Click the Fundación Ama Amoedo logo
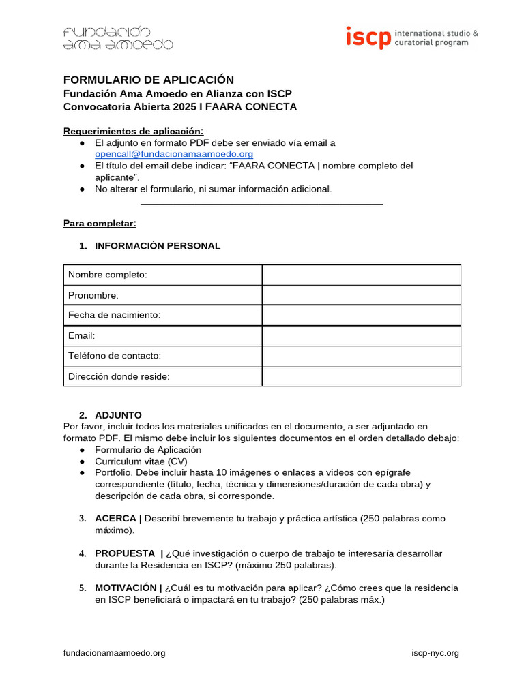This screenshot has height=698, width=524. pos(117,38)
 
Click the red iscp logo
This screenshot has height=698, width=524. pos(368,37)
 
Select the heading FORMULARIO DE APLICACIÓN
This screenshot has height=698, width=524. pos(149,80)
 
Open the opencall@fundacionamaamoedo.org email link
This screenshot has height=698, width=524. pos(174,154)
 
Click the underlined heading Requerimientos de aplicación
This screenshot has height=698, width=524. pos(133,131)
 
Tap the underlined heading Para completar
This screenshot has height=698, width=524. pos(100,223)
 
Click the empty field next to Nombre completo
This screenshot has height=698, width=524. pos(361,275)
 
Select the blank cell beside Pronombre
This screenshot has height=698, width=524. pos(361,295)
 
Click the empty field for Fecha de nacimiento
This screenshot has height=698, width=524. pos(361,315)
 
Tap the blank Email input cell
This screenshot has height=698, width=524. pos(361,335)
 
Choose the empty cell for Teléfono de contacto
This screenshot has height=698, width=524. pos(361,356)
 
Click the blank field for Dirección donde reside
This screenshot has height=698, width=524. pos(361,376)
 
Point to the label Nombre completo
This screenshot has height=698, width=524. pos(108,275)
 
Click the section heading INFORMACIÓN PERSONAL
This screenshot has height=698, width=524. pos(158,246)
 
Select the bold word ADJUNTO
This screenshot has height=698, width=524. pos(118,415)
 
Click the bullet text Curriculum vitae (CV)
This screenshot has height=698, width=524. pos(141,461)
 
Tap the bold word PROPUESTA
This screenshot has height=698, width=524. pos(125,553)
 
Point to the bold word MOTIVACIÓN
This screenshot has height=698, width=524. pos(126,588)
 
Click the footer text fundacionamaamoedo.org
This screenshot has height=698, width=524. pos(115,653)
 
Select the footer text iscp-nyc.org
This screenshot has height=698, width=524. pos(435,653)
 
